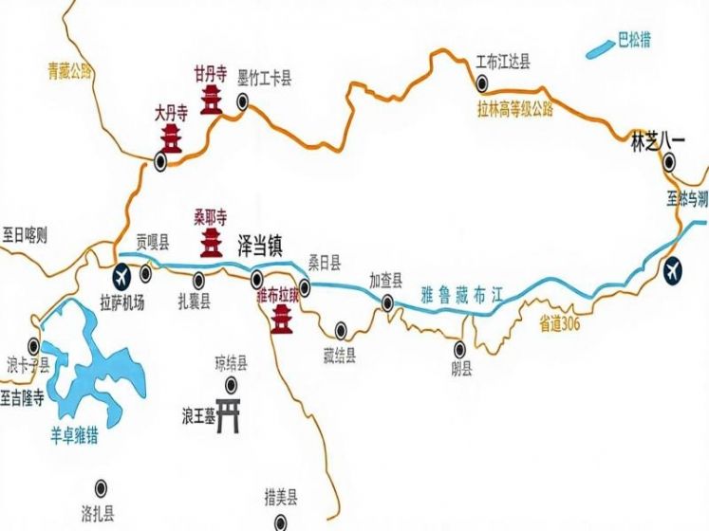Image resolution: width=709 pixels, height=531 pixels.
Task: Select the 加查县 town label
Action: pyautogui.click(x=386, y=281)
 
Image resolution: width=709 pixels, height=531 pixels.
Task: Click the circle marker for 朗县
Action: pyautogui.click(x=461, y=347)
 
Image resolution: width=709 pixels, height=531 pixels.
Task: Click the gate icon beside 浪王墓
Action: pyautogui.click(x=228, y=415)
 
